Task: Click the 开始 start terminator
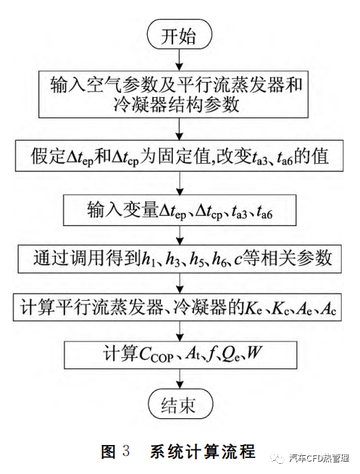click(180, 35)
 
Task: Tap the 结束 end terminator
click(180, 404)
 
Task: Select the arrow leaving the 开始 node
click(180, 60)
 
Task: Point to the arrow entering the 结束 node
click(180, 378)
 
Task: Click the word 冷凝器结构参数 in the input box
click(176, 105)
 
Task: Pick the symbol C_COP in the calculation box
click(156, 354)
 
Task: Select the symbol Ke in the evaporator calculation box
click(253, 308)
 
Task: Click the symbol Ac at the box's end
click(329, 308)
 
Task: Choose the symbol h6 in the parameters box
click(219, 259)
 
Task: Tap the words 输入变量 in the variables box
click(123, 209)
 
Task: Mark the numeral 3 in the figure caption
click(126, 451)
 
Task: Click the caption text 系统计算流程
click(203, 451)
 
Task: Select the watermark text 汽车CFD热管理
click(319, 458)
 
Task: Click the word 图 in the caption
click(109, 451)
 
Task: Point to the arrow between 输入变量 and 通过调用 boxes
click(180, 235)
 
